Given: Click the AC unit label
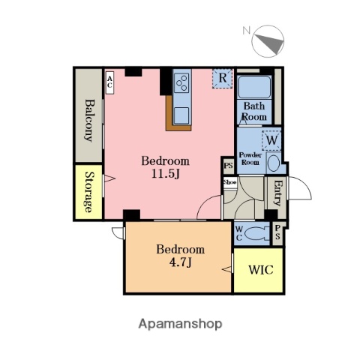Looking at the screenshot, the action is tap(109, 82).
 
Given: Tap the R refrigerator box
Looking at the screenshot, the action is tap(222, 78).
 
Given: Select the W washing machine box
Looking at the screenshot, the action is tap(271, 140).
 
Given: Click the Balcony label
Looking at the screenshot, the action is tap(89, 121).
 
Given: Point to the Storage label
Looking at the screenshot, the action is tap(88, 192).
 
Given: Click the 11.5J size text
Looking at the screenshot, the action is tap(166, 174).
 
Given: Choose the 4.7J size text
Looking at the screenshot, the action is tap(180, 262).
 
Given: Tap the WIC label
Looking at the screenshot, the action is tap(261, 270).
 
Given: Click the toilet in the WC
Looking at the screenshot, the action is tap(256, 234).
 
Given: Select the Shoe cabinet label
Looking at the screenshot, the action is tap(229, 182).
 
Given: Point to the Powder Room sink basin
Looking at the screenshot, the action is tap(274, 163).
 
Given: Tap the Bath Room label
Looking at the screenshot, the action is tap(254, 111).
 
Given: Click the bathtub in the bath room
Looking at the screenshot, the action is tap(254, 87).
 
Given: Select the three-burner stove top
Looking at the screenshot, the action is tap(181, 82).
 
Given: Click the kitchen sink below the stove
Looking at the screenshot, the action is tap(181, 115).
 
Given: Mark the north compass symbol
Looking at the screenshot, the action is tap(268, 41).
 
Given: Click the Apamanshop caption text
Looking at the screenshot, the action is tap(180, 324).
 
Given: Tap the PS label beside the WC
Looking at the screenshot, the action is tap(277, 232).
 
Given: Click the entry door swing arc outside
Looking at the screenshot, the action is tap(304, 184).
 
